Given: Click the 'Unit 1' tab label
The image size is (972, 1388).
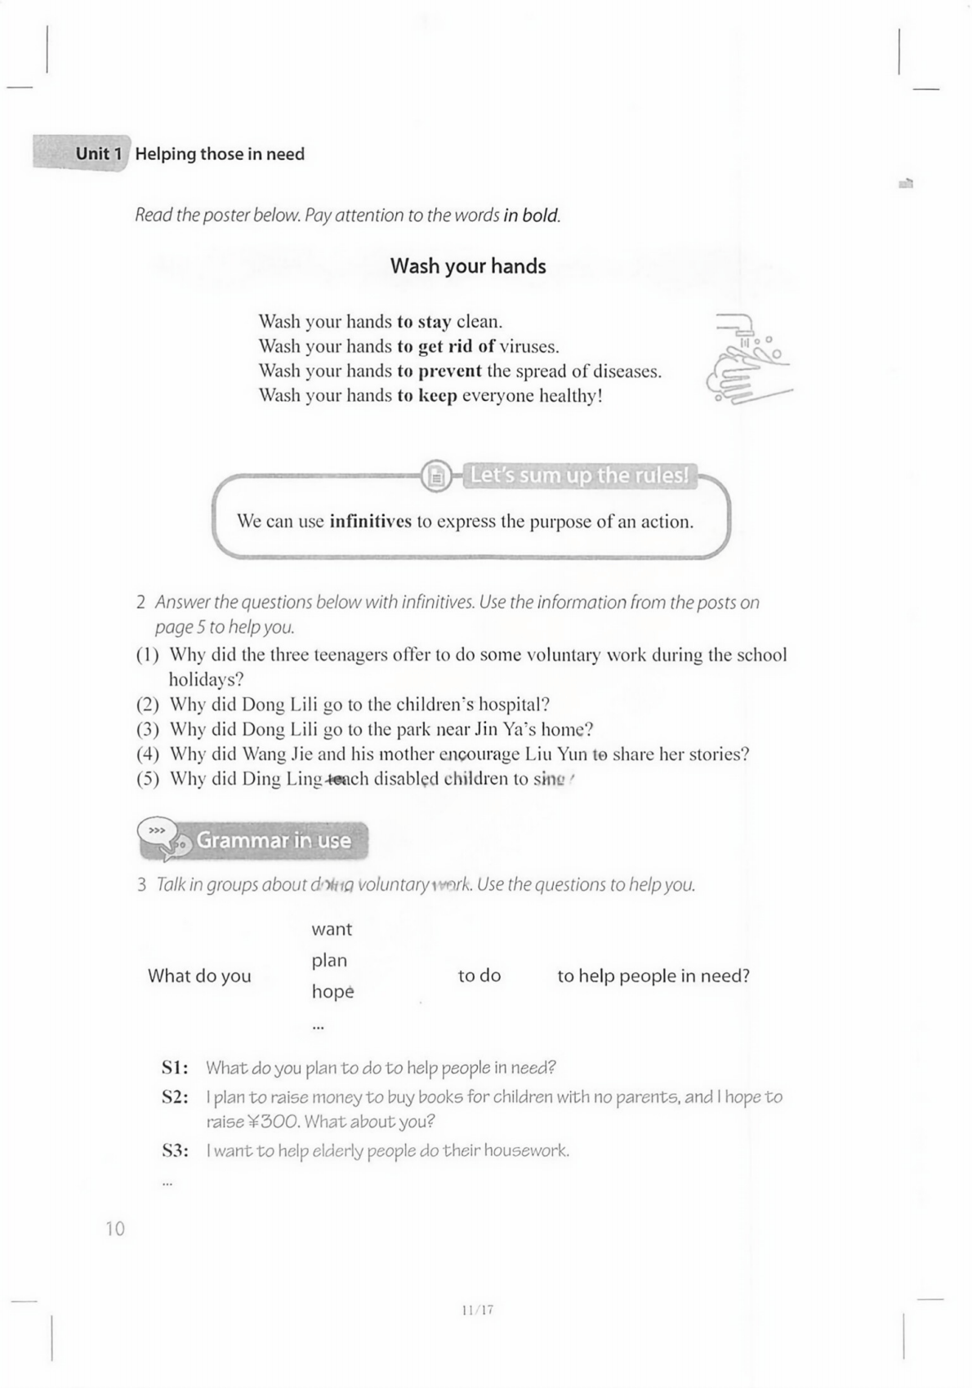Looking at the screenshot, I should (x=98, y=153).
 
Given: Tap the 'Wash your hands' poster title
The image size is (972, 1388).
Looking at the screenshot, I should (x=467, y=266).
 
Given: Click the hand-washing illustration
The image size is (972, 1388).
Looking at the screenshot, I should (x=747, y=359).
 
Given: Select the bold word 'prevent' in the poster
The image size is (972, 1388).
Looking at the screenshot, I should (x=450, y=371).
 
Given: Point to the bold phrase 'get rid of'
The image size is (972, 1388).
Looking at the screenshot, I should (x=457, y=347).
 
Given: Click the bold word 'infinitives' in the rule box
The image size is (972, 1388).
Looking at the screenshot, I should (x=370, y=522).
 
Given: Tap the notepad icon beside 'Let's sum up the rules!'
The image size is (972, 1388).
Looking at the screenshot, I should (x=437, y=475).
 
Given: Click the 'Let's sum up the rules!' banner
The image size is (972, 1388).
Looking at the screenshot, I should (x=579, y=475).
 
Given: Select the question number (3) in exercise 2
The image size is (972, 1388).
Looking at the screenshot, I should (x=147, y=730).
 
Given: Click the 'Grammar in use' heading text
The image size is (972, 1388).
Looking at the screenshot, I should (x=274, y=840).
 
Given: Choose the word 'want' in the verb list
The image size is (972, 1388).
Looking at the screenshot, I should (x=332, y=929).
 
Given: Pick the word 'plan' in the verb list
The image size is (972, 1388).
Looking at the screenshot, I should (x=329, y=961).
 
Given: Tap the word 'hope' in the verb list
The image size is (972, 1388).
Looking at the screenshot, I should (x=332, y=992).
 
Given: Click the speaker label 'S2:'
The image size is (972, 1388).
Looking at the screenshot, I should (x=175, y=1097).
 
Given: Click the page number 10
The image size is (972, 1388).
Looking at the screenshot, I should (x=115, y=1229).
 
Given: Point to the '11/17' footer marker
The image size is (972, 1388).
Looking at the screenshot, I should (x=477, y=1310).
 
